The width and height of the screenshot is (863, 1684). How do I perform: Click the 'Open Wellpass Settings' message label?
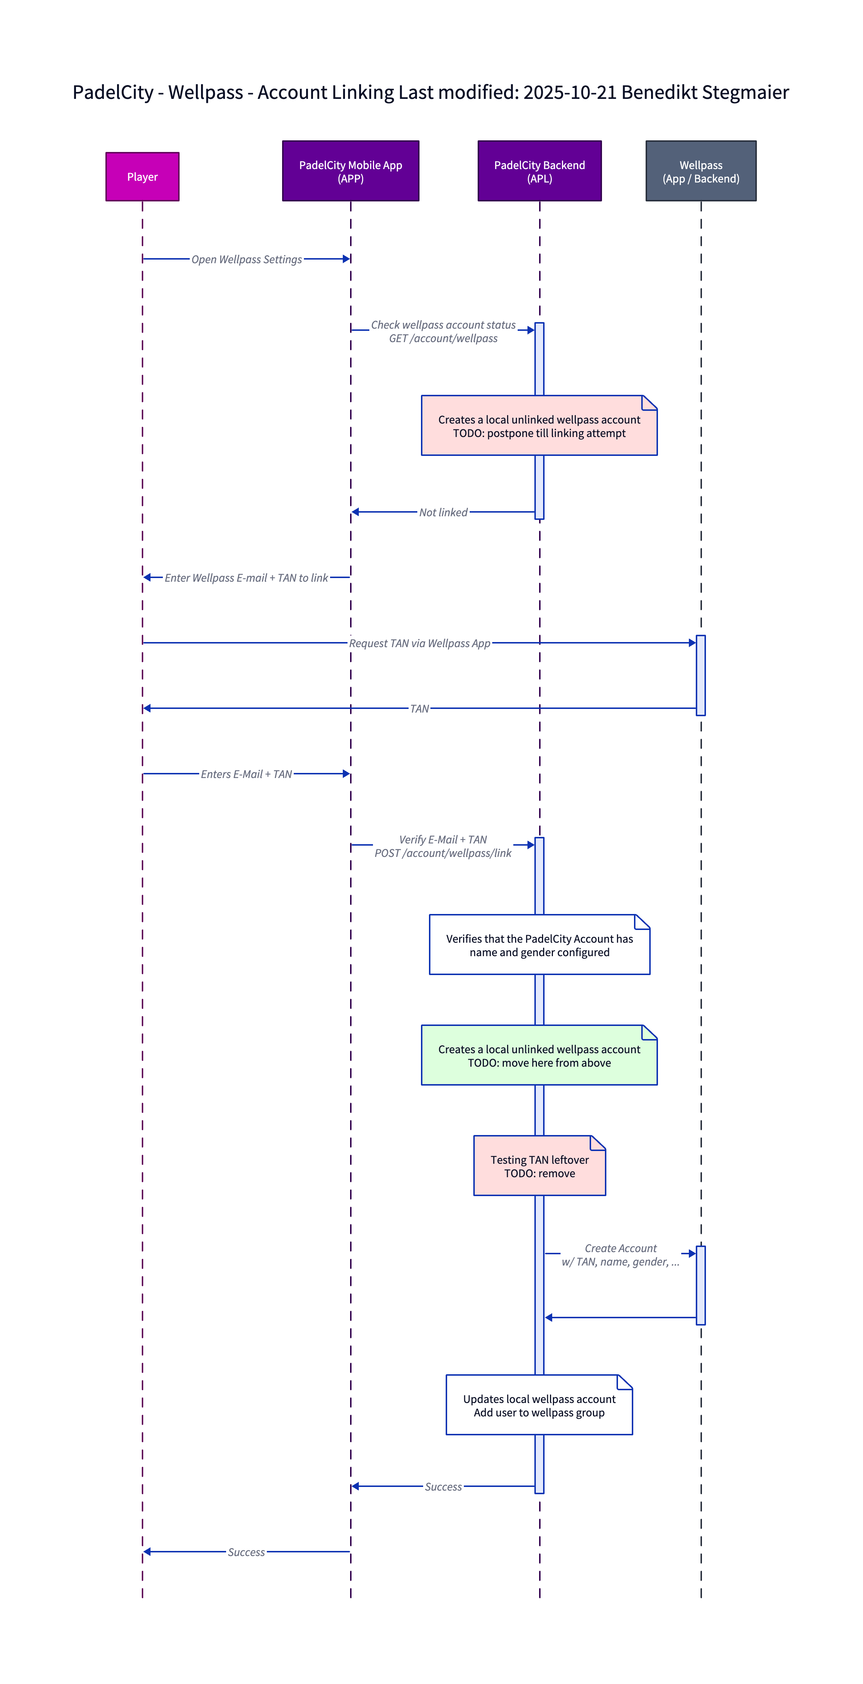(246, 260)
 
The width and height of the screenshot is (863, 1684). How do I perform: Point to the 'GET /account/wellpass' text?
(443, 338)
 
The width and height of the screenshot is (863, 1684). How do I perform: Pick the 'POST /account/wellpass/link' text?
(443, 853)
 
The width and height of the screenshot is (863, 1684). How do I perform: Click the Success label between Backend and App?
(443, 1487)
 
